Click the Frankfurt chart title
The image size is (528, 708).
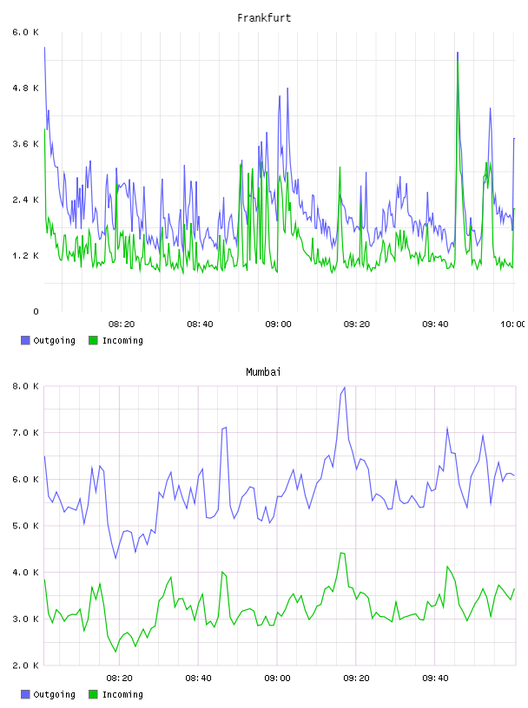pos(264,18)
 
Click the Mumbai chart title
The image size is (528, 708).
pos(263,372)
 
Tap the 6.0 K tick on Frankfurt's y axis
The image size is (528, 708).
pos(26,32)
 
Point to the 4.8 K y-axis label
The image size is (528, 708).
pos(26,88)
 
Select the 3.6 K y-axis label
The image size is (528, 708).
pos(26,144)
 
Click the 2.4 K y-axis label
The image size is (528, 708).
pos(26,200)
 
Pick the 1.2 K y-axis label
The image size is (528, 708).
pos(26,256)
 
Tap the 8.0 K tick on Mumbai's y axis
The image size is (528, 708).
pos(26,386)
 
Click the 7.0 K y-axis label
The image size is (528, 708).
pos(26,433)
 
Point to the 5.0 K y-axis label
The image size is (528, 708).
pos(26,526)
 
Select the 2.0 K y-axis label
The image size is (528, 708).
pos(26,665)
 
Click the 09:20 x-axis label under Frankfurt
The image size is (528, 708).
pos(357,324)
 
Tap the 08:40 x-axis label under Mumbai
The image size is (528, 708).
pos(199,678)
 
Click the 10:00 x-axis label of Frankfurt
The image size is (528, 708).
pos(512,324)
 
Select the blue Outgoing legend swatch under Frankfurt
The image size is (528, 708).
pos(25,340)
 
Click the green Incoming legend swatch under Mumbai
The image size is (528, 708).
pos(93,694)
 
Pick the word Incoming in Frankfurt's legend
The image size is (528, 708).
pos(122,341)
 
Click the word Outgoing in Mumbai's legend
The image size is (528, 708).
pos(54,695)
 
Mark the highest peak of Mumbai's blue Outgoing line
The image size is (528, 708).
pos(345,388)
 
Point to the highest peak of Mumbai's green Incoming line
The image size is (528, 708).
pos(342,553)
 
